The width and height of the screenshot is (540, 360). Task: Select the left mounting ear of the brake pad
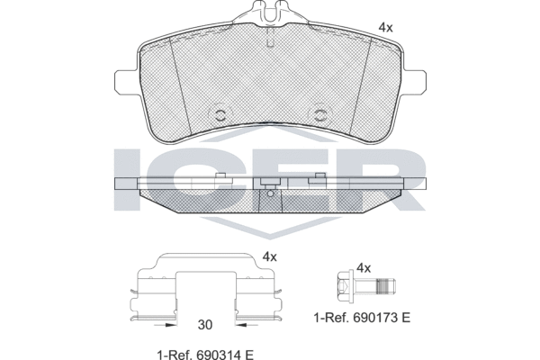coord(125,78)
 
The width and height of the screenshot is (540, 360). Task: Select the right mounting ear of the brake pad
coord(415,78)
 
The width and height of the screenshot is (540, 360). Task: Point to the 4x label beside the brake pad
coord(385,28)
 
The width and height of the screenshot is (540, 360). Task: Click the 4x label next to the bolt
coord(364,268)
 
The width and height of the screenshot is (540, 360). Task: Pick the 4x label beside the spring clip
coord(268,256)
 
